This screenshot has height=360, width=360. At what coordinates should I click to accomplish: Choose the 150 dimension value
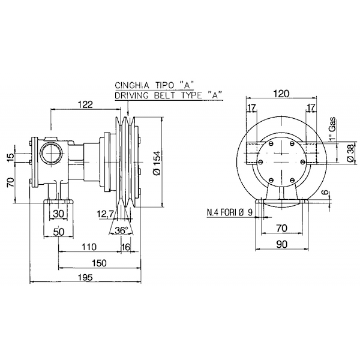[x=100, y=263]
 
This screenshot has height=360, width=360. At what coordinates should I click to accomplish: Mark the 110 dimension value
[x=89, y=245]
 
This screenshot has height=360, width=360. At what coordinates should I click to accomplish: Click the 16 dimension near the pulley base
[x=125, y=245]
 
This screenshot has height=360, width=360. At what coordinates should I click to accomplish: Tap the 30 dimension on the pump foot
[x=58, y=214]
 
